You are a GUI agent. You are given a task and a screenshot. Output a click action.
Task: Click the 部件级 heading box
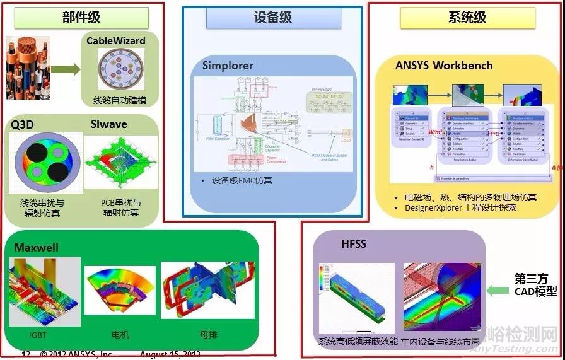81,17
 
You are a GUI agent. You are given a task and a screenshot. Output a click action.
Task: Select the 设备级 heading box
272,17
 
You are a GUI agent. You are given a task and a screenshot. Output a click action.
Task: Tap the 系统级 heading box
467,17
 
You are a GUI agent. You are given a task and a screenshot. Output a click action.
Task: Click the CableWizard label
115,41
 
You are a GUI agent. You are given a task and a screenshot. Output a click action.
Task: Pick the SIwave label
108,124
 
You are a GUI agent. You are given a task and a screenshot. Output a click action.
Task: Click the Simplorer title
228,66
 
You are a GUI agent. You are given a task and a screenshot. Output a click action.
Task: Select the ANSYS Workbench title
444,66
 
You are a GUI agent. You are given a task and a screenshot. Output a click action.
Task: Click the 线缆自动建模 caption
120,100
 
